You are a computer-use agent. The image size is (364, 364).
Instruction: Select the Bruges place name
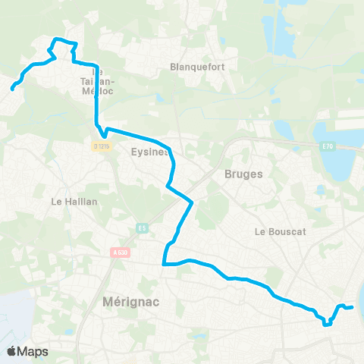(243, 174)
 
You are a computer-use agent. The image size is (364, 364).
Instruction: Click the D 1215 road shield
(102, 145)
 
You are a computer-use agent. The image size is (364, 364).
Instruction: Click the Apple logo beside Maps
(11, 351)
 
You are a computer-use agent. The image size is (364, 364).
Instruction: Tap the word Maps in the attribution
(33, 351)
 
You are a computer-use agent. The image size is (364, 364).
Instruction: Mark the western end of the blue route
(12, 89)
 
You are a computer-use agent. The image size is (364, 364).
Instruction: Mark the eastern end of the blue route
(353, 307)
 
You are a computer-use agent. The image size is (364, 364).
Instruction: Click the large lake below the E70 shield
(337, 162)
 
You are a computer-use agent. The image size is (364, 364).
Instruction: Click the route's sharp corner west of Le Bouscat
(165, 264)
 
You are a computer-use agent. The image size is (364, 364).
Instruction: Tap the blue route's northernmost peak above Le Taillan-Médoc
(55, 39)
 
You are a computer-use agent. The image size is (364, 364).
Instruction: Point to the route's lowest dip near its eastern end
(326, 325)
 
